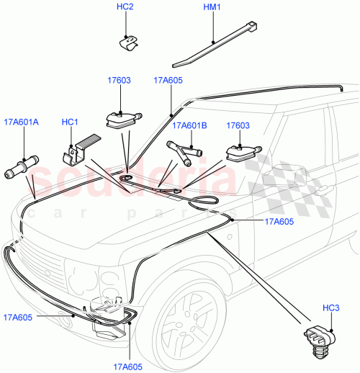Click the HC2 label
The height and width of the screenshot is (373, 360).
125,8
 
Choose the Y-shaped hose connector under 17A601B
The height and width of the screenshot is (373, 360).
184,152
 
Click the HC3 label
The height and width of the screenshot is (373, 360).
330,308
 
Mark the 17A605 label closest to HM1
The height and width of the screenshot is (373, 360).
168,81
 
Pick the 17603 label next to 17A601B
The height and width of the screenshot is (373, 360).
238,125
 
